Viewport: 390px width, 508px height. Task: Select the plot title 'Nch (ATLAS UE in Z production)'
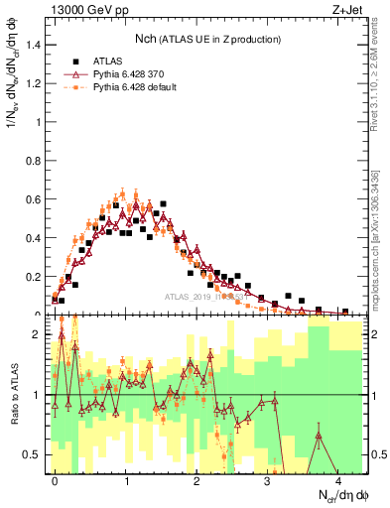point(207,39)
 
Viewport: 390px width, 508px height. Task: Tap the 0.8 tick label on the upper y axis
point(33,161)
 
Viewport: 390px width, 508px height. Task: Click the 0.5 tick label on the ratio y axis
point(33,454)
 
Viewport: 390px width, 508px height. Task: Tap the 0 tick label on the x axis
point(55,480)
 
